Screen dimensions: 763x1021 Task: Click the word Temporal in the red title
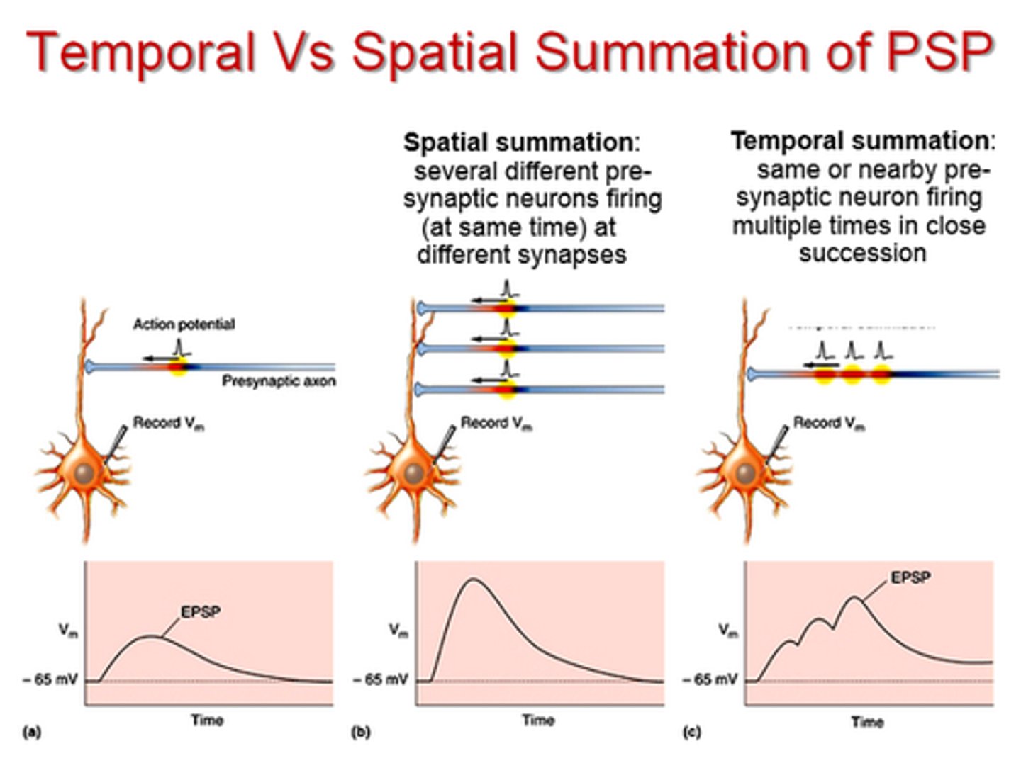point(140,52)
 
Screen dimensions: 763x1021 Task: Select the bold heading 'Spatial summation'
point(518,142)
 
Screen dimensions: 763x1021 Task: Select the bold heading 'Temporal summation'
point(859,141)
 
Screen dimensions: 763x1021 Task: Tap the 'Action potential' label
point(184,324)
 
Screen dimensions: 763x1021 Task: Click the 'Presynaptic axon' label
point(279,381)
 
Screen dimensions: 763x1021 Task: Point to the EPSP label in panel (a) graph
point(200,612)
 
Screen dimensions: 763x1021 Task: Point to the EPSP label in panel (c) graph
point(910,578)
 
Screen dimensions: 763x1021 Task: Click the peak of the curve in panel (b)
point(474,580)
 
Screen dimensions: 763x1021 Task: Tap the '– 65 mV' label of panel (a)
point(50,679)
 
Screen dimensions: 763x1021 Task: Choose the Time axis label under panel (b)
point(538,720)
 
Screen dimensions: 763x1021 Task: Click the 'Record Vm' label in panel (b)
point(496,423)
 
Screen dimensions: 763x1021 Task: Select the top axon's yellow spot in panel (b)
point(506,307)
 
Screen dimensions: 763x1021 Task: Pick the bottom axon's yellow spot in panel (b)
point(506,389)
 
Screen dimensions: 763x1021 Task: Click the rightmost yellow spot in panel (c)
point(881,374)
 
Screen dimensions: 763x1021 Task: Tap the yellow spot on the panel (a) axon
point(178,367)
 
